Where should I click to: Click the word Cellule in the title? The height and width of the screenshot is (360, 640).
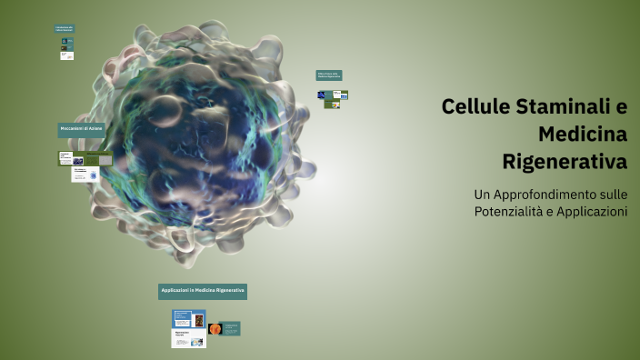[x=475, y=106]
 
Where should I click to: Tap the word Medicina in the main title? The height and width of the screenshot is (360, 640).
[x=583, y=135]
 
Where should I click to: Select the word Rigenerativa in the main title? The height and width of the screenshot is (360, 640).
[x=565, y=164]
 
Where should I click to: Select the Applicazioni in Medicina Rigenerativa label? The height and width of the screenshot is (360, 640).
[x=202, y=291]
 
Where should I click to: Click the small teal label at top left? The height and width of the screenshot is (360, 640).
[x=64, y=28]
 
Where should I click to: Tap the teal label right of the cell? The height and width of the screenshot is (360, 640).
[x=328, y=75]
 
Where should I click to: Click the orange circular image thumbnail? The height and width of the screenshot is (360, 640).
[x=215, y=329]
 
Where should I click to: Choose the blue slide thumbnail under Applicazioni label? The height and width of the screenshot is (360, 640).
[x=189, y=319]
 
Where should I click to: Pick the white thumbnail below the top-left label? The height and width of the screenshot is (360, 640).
[x=66, y=55]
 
